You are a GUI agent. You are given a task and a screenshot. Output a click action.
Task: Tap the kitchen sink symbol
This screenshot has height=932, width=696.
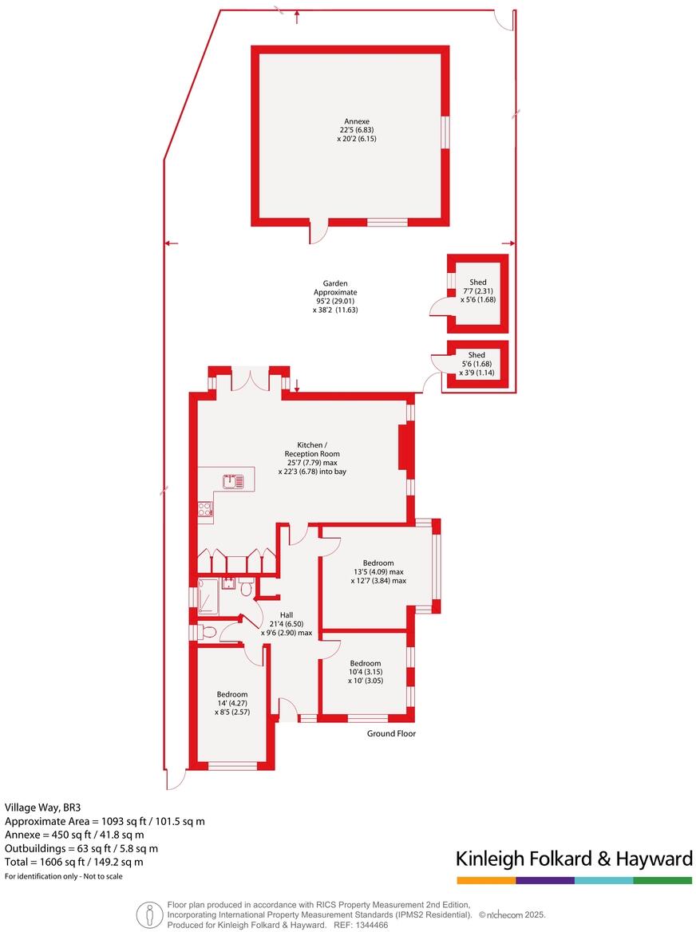[234, 481]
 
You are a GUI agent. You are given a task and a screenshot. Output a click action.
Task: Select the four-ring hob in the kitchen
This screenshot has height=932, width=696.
[204, 508]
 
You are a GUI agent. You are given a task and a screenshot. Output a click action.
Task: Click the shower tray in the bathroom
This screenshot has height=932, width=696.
[208, 595]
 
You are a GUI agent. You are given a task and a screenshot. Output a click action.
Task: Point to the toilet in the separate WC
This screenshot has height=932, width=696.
[209, 632]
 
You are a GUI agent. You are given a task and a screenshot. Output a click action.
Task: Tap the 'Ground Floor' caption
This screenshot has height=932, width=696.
[391, 733]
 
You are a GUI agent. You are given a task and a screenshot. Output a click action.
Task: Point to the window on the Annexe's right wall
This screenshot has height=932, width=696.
[445, 132]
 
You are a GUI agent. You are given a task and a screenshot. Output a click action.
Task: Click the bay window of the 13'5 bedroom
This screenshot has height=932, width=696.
[435, 567]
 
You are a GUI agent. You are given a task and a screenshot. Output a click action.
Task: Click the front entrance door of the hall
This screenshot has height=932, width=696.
[287, 707]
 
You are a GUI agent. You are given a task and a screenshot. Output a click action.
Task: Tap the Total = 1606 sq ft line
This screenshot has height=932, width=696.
[74, 862]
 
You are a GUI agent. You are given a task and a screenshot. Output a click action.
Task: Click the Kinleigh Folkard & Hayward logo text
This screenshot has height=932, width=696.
[573, 859]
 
